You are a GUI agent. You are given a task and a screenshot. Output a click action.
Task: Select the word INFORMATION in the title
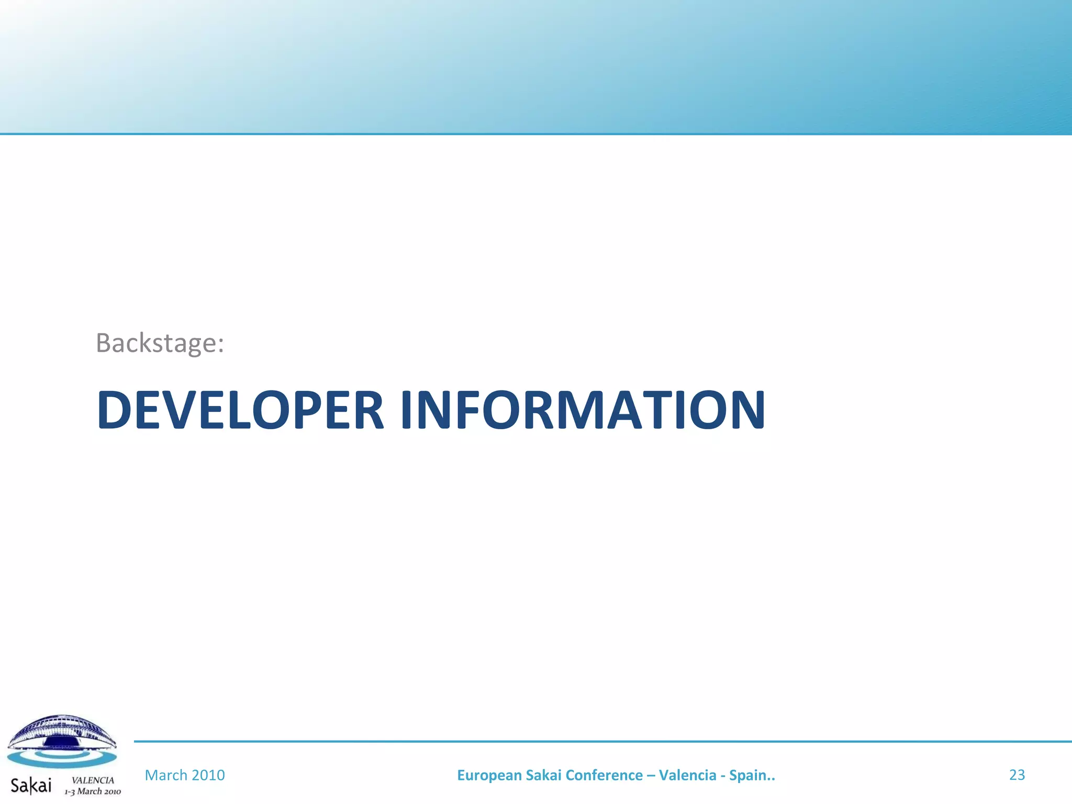[583, 410]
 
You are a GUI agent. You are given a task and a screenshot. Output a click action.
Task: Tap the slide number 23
[1017, 775]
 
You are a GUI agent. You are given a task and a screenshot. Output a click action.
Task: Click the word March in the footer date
[165, 775]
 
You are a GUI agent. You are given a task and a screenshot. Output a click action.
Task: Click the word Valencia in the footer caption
[687, 775]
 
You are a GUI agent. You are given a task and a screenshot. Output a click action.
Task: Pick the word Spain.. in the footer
[752, 775]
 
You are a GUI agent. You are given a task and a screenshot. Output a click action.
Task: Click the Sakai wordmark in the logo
[31, 785]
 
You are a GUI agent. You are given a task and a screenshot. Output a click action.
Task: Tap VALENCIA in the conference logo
[93, 780]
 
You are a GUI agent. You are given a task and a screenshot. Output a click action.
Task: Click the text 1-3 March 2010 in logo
[93, 791]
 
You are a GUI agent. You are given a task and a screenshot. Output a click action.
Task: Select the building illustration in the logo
[61, 732]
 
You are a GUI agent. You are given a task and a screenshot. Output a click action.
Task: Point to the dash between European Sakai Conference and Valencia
[651, 776]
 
